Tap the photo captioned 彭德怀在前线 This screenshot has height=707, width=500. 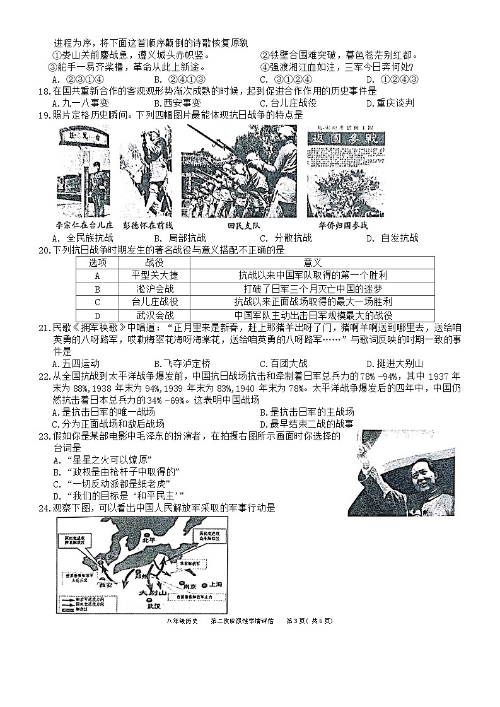146,171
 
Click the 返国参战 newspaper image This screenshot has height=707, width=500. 345,171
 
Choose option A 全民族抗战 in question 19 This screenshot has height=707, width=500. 83,238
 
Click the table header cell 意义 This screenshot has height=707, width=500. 313,262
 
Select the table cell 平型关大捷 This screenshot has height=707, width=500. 154,276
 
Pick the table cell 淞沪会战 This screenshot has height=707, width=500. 154,289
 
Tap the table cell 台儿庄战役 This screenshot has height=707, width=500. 154,302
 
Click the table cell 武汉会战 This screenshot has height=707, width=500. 154,315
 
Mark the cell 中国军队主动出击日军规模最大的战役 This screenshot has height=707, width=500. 313,315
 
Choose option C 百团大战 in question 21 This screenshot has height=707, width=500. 283,363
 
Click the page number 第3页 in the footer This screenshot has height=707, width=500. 296,621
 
